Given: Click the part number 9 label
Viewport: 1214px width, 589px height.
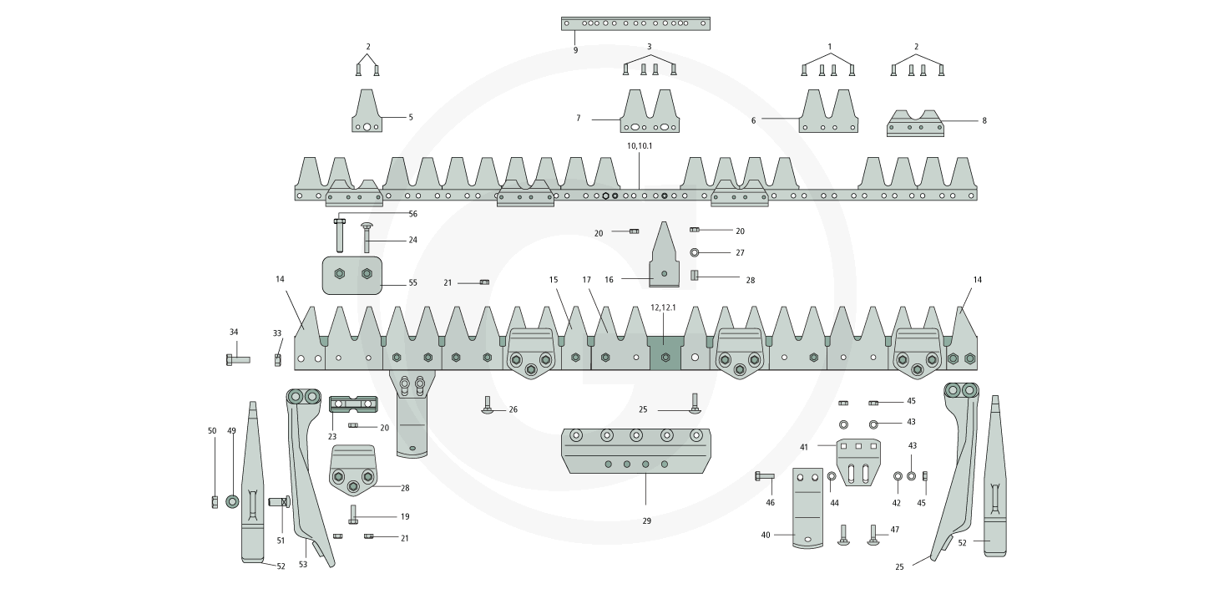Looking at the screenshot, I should tap(575, 50).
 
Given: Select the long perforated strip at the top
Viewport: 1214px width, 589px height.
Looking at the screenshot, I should tap(635, 23).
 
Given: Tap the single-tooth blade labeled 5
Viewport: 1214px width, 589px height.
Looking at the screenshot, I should tap(367, 113).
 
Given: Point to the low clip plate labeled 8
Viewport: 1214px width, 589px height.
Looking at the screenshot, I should tap(915, 124).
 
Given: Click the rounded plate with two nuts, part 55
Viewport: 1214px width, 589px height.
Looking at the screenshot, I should tap(352, 276).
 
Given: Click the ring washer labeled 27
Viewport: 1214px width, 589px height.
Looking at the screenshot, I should tap(695, 252).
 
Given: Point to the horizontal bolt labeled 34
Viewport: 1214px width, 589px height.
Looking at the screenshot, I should tap(237, 359).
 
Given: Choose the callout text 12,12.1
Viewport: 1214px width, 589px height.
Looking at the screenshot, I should tap(663, 307).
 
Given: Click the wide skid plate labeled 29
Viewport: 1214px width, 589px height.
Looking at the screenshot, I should tap(638, 451).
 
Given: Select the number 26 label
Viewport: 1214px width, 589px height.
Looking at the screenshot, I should tap(513, 409).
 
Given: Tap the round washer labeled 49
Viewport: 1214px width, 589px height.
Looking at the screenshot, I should tap(232, 501).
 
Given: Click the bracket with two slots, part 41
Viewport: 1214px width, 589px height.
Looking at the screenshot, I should tap(858, 461).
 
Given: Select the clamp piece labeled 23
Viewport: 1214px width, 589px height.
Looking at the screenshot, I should tap(354, 404).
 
